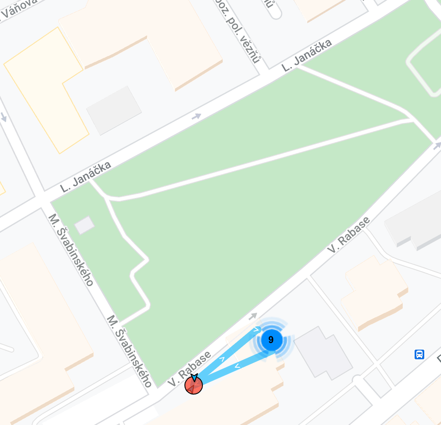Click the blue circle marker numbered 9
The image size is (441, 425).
click(x=271, y=340)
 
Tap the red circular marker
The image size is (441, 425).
click(x=194, y=386)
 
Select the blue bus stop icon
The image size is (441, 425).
click(x=419, y=354)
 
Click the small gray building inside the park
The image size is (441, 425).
click(x=84, y=225)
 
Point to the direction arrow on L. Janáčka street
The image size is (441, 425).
click(x=196, y=116)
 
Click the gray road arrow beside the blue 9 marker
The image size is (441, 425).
click(x=253, y=316)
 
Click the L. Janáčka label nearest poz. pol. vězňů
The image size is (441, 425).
click(x=306, y=55)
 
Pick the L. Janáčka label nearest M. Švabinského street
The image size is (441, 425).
click(x=86, y=177)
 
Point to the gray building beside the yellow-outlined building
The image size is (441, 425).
click(x=114, y=110)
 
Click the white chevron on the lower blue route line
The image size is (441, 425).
click(x=237, y=365)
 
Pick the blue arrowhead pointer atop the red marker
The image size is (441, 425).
click(x=194, y=378)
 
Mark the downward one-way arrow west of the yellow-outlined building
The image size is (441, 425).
click(x=4, y=117)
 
